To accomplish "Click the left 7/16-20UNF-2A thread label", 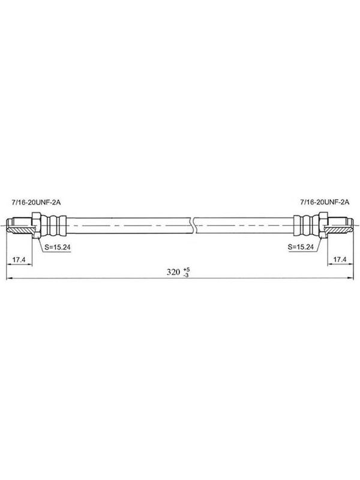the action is (x=36, y=202).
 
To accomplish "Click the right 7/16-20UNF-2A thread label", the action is (x=325, y=202).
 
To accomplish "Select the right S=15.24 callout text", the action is (x=301, y=247).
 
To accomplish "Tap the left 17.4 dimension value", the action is (x=19, y=260).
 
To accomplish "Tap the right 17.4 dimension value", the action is (x=340, y=260).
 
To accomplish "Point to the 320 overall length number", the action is (x=173, y=272).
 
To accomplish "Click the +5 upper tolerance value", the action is (x=187, y=269).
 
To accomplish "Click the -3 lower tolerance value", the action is (x=186, y=275).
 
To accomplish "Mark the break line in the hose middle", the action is (x=193, y=226).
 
